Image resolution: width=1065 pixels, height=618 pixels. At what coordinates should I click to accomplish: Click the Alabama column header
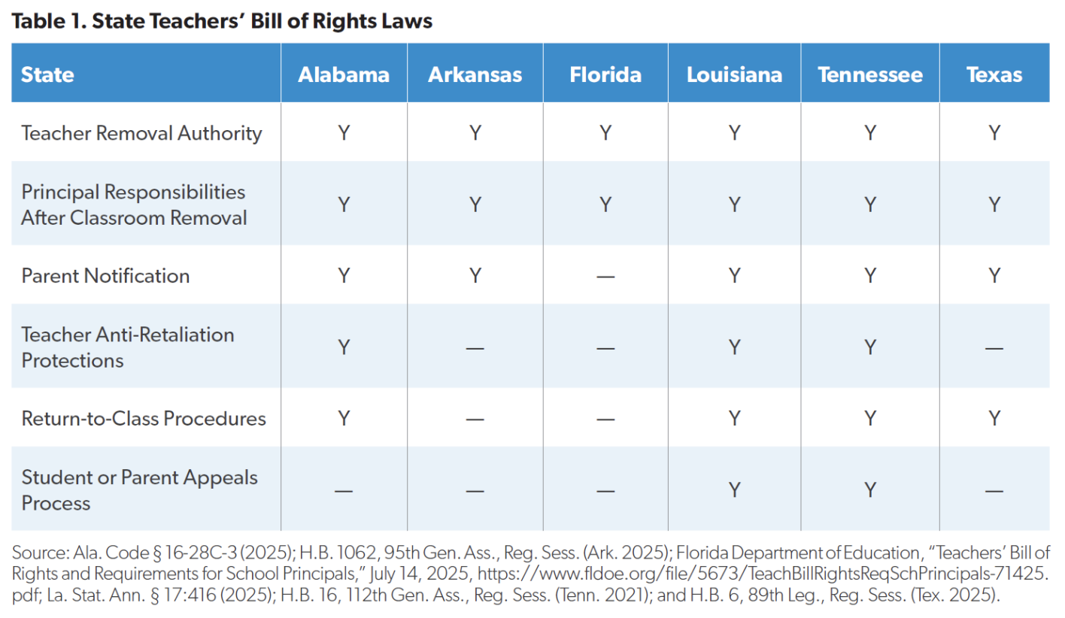click(x=343, y=74)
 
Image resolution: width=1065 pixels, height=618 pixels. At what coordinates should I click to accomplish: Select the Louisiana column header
click(x=734, y=74)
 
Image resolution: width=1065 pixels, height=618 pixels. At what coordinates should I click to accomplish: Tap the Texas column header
click(x=994, y=74)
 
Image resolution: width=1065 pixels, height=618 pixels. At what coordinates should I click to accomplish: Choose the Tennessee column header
click(x=870, y=74)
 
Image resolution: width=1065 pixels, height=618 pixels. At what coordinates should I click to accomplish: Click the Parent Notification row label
click(x=105, y=276)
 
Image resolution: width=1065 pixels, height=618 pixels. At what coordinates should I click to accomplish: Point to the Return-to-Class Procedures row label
click(x=144, y=418)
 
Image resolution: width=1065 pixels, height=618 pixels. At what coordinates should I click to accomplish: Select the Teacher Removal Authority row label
click(x=141, y=133)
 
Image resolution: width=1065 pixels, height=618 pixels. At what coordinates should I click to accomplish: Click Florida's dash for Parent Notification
click(x=605, y=277)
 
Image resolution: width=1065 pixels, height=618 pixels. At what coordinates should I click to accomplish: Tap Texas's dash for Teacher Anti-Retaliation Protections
click(x=994, y=348)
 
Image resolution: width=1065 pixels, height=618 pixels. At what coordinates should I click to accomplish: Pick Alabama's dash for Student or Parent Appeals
click(x=343, y=491)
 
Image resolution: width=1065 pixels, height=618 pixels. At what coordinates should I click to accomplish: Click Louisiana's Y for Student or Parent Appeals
click(x=734, y=489)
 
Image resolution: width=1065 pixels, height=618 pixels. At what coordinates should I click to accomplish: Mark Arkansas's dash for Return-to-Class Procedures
click(x=475, y=420)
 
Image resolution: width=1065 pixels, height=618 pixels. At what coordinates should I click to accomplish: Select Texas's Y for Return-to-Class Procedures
click(x=994, y=418)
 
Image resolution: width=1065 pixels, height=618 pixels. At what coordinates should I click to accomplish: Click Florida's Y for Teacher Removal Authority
click(x=605, y=132)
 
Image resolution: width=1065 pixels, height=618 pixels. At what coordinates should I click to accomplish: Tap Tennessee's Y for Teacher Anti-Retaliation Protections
click(x=870, y=347)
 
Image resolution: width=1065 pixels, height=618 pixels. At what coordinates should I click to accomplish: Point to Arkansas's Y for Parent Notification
click(x=475, y=276)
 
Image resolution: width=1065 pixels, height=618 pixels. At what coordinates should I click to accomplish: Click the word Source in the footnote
click(x=40, y=553)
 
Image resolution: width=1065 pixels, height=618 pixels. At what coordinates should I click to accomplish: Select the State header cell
click(x=47, y=74)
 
